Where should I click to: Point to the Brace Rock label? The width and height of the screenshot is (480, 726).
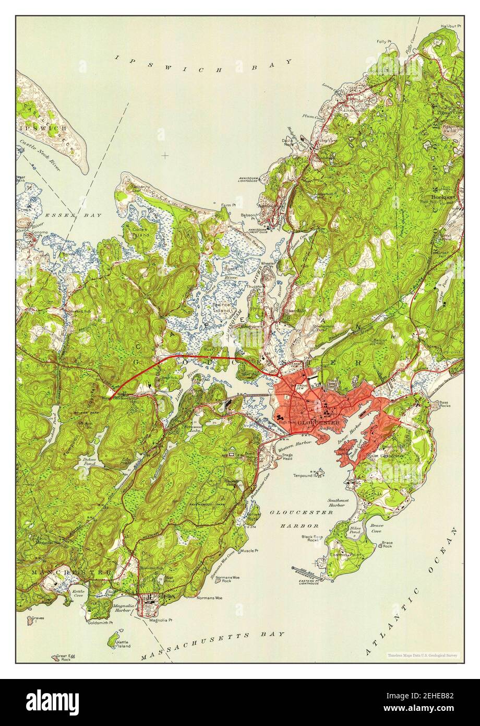(387, 544)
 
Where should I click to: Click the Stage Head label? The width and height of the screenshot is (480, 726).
(287, 457)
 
